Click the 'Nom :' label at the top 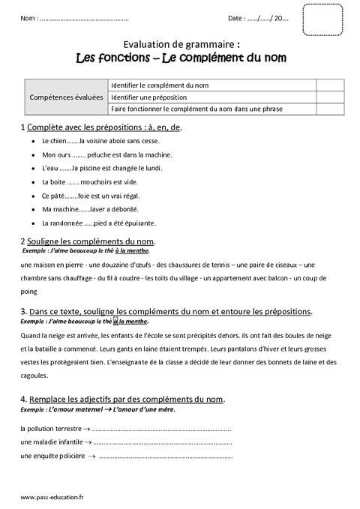[29, 17]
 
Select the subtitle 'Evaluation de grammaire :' [179, 44]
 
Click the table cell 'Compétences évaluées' [65, 97]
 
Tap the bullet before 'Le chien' [34, 141]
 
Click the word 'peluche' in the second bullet [106, 154]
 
